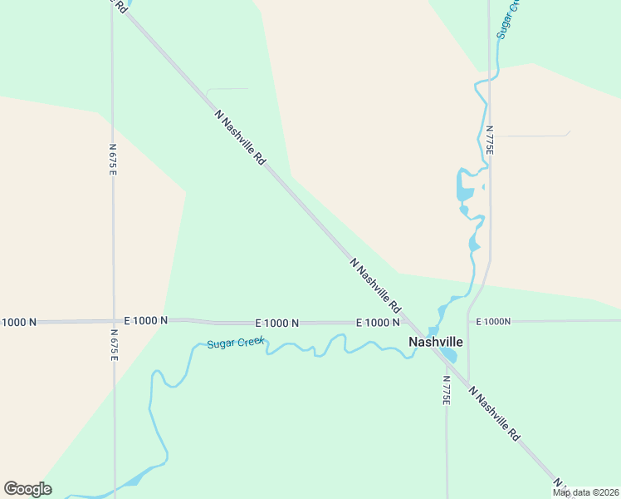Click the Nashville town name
(x=436, y=342)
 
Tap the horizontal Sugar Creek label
(x=235, y=342)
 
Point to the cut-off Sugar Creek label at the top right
(x=508, y=18)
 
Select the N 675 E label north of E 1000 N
(x=112, y=158)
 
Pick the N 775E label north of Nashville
(x=490, y=141)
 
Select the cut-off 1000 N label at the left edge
(x=20, y=322)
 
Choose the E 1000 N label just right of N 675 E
(x=146, y=320)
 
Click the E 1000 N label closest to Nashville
(x=378, y=323)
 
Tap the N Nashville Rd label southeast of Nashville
(x=494, y=413)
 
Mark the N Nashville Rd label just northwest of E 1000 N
(x=376, y=284)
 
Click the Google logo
(x=27, y=489)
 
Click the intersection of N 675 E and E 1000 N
(x=113, y=321)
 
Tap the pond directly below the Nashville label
(x=448, y=355)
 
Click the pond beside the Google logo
(x=133, y=481)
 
